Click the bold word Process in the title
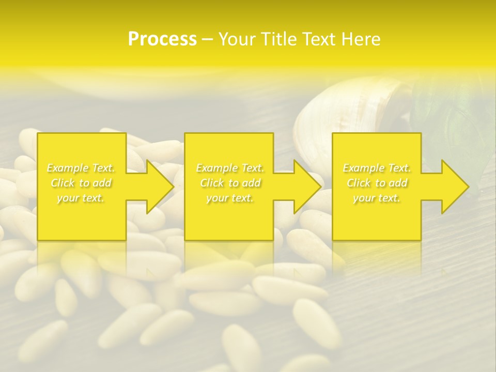[162, 39]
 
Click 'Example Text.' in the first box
[81, 168]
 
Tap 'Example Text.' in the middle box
[230, 168]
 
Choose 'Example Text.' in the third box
[377, 168]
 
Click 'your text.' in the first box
[81, 198]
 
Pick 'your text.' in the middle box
[229, 198]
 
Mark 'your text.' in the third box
[376, 198]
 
